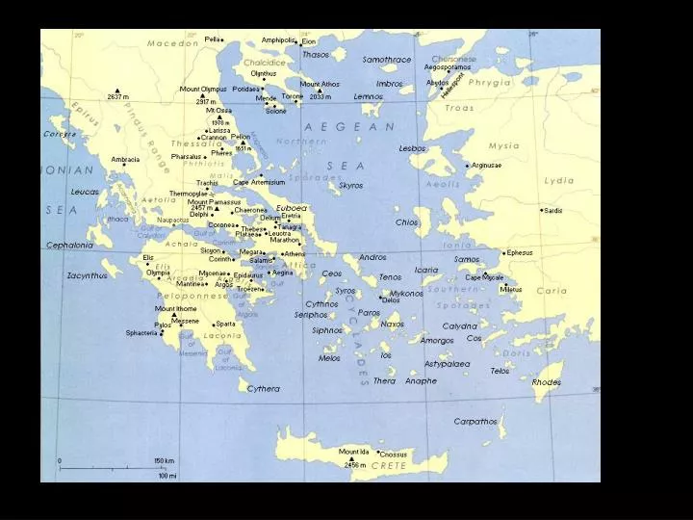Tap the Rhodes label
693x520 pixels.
(546, 382)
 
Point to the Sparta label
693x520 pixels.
(225, 324)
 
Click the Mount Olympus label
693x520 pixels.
(203, 90)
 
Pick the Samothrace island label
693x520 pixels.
(386, 60)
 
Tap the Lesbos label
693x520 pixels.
(412, 148)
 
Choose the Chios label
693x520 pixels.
(406, 222)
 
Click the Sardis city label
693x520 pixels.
(553, 210)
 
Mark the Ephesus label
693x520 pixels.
(520, 252)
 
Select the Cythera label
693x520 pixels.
(263, 389)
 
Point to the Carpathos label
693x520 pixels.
(475, 421)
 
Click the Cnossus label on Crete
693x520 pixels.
(393, 455)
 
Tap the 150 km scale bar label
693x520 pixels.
(165, 461)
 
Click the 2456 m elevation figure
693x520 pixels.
(355, 465)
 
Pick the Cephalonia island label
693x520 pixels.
(70, 246)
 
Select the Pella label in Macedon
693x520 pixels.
(213, 39)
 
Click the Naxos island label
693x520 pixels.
(392, 325)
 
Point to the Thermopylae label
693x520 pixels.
(189, 193)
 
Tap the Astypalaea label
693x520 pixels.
(447, 364)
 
